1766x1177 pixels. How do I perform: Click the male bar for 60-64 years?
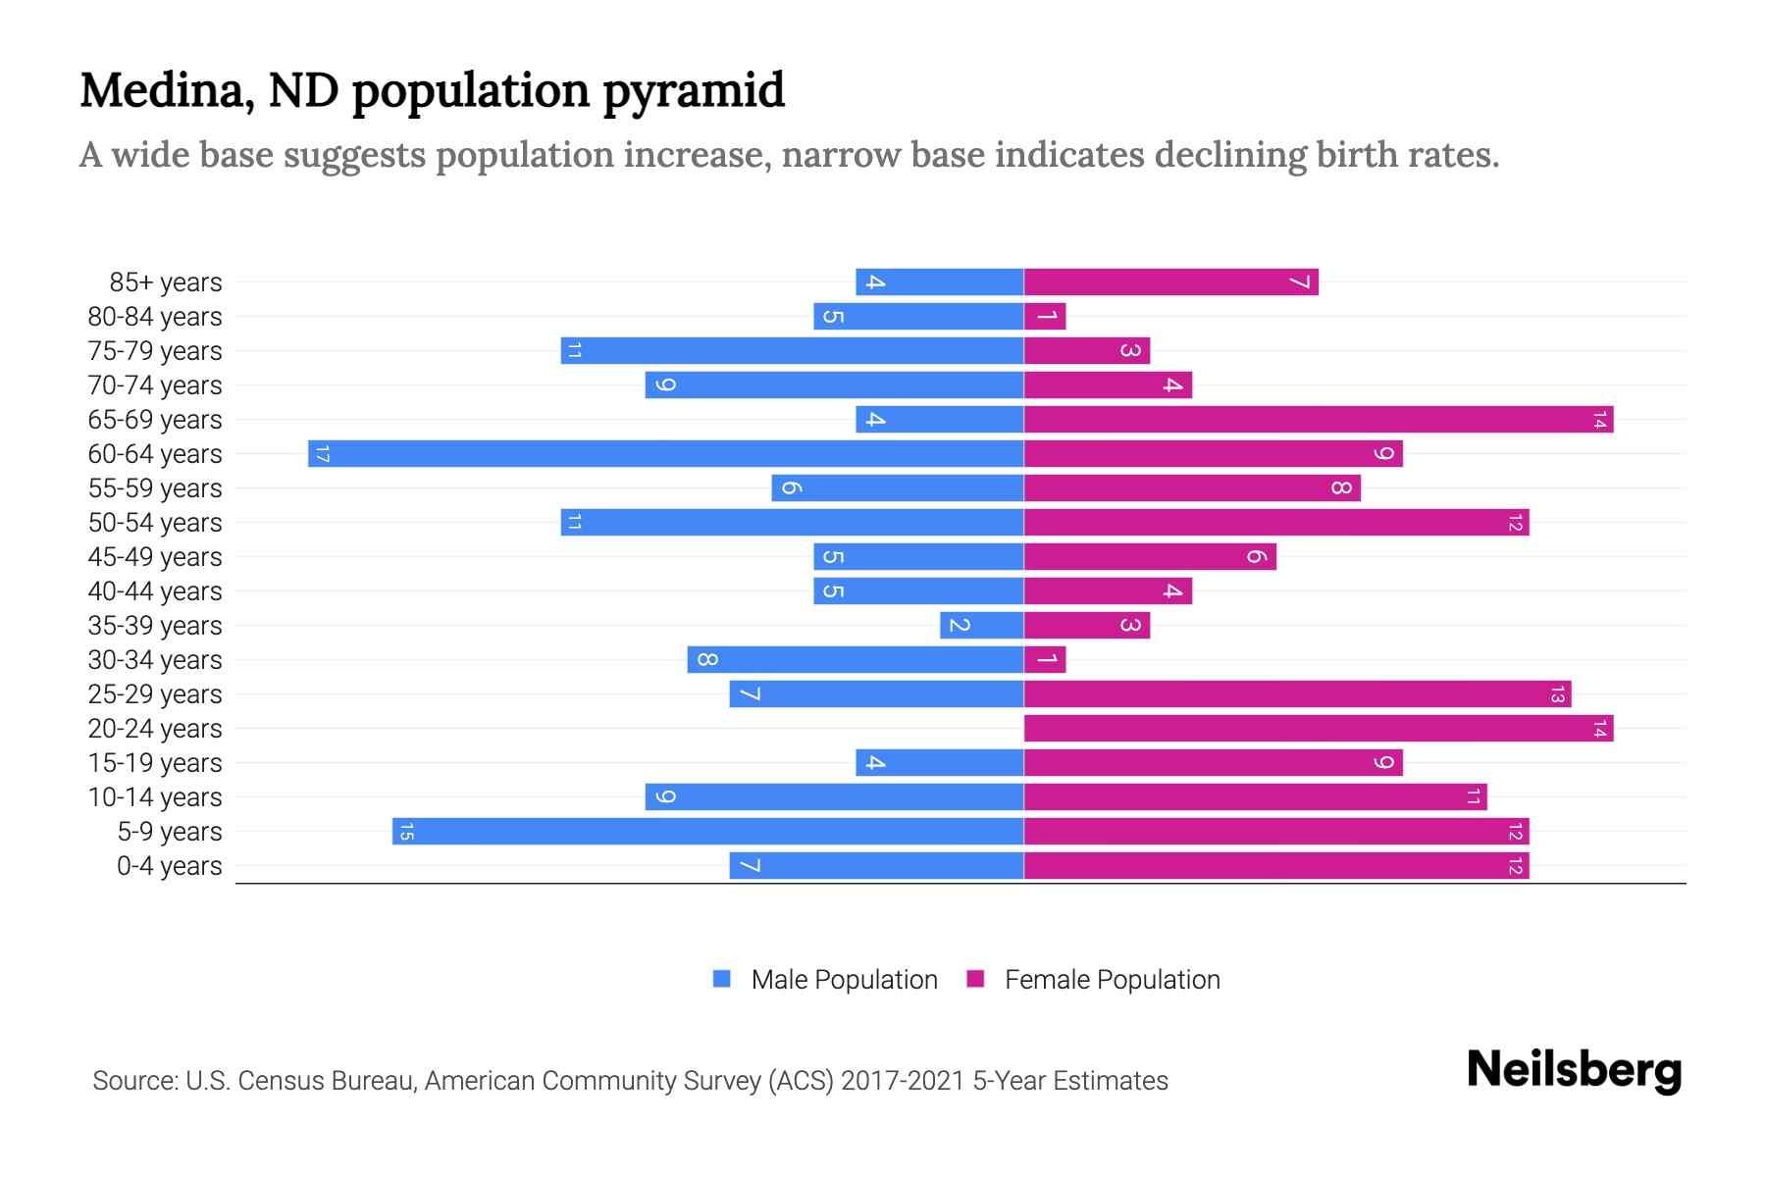[x=666, y=454]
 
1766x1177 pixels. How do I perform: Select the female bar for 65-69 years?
[x=1319, y=420]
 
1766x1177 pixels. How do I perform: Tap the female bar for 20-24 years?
[x=1319, y=729]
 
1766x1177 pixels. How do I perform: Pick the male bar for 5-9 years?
[x=708, y=832]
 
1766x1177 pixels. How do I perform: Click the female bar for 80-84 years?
[x=1045, y=317]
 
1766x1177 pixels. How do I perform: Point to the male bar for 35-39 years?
[x=982, y=626]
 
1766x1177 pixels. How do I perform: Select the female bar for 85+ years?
[x=1171, y=282]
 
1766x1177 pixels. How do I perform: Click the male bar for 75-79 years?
[x=793, y=351]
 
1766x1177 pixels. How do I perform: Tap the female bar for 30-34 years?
[x=1045, y=660]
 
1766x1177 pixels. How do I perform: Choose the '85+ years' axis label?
[x=166, y=282]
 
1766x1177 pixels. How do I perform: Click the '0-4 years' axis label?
[x=169, y=866]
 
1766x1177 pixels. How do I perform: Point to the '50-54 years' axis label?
[x=155, y=523]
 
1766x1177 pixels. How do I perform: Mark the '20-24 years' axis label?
[x=155, y=729]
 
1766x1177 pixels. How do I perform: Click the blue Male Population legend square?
[x=722, y=979]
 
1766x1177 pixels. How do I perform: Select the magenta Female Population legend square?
[x=975, y=979]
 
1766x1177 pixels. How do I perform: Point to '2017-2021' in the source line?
[x=903, y=1081]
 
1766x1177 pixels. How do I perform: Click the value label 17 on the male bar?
[x=322, y=454]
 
